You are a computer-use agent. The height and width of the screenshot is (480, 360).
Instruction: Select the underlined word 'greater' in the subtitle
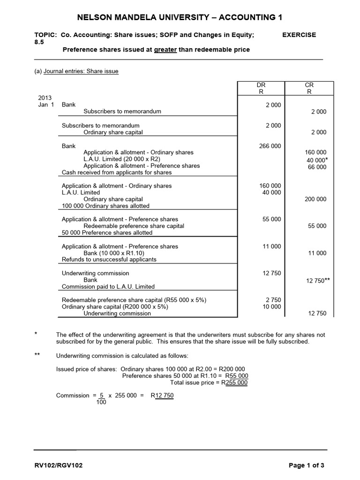[165, 50]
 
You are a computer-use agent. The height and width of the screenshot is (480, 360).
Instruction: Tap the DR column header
[261, 85]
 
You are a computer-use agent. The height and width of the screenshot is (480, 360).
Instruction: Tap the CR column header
[309, 85]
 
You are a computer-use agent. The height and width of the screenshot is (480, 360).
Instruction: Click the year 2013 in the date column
[45, 98]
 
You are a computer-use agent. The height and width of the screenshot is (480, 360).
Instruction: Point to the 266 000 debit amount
[270, 146]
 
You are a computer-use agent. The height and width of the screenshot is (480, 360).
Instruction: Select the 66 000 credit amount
[317, 167]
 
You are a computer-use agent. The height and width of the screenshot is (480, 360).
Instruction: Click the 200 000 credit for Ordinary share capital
[315, 199]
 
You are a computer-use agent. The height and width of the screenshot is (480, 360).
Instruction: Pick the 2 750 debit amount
[273, 300]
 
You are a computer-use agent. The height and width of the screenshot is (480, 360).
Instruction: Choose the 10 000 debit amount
[271, 307]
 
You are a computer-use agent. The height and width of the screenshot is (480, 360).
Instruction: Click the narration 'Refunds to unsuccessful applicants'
[109, 259]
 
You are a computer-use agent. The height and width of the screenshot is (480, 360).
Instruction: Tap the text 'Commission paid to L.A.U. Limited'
[108, 286]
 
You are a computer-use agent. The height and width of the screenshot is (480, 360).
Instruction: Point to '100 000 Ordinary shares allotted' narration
[105, 206]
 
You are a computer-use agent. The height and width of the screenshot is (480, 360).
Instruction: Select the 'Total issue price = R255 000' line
[209, 382]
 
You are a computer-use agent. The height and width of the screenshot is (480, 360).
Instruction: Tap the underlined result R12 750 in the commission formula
[162, 395]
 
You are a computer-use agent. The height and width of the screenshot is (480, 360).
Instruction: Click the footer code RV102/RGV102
[59, 465]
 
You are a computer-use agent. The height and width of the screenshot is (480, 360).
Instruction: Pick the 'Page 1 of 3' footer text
[306, 465]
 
